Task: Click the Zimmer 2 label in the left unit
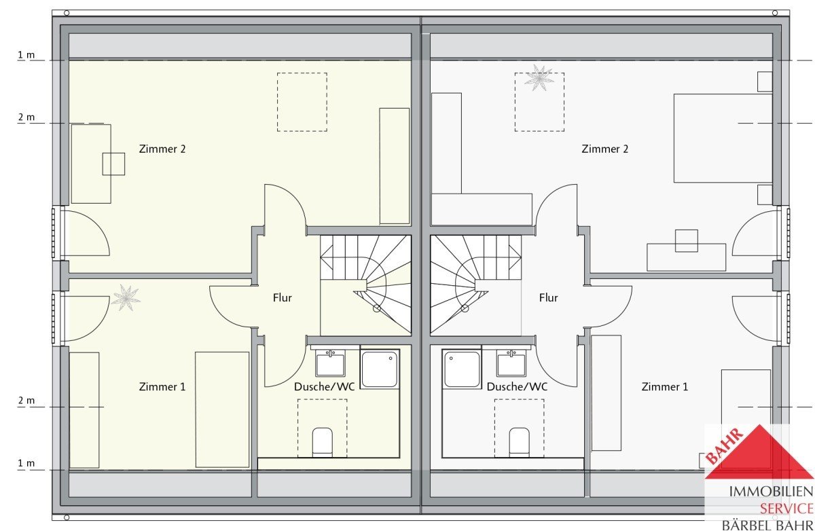coord(162,149)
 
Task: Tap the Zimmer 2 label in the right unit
coord(604,149)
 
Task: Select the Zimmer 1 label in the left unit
coord(162,386)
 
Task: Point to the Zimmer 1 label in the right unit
coord(665,386)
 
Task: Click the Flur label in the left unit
coord(283,298)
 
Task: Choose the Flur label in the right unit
coord(549,298)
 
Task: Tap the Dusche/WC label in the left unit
coord(324,386)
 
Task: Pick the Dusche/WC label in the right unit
coord(517,386)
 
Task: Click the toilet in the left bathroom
coord(323,442)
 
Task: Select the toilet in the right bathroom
coord(519,442)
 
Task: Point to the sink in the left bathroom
coord(330,363)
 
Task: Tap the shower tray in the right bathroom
coord(462,369)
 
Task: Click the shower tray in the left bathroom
coord(380,369)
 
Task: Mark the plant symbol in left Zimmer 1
coord(126,298)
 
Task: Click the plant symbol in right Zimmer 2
coord(539,77)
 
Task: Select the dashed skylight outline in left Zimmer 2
coord(302,73)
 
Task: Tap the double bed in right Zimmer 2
coord(723,139)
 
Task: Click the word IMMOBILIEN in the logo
coord(771,492)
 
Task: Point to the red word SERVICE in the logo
coord(786,509)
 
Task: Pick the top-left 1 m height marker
coord(26,55)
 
